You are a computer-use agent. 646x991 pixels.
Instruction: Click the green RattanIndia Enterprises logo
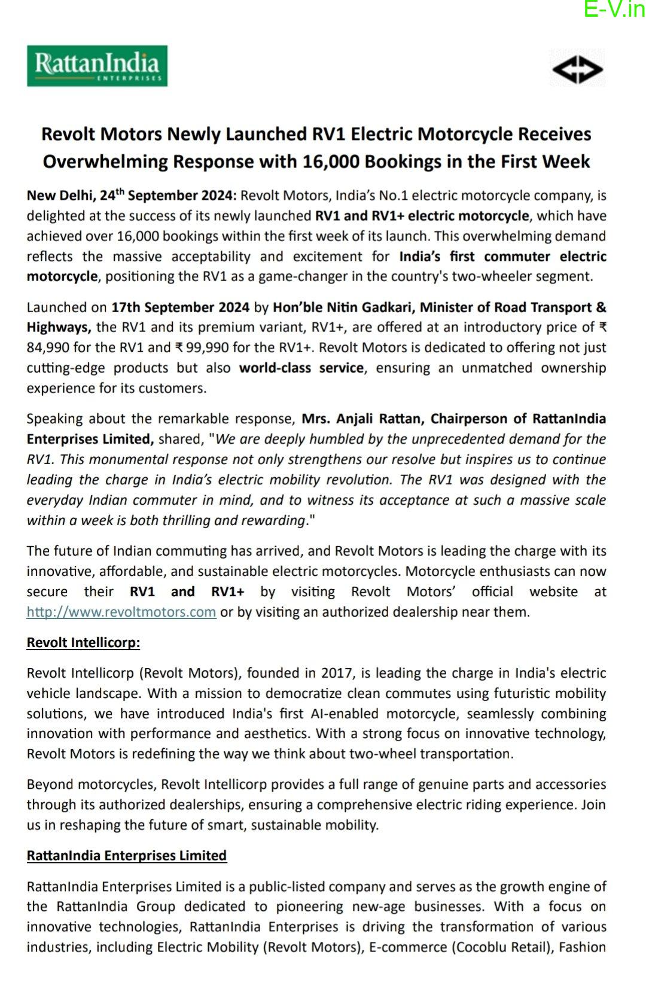[97, 66]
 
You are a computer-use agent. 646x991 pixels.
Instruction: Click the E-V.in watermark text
[614, 10]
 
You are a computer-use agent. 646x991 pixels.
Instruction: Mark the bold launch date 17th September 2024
[180, 307]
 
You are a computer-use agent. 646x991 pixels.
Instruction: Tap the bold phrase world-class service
[301, 368]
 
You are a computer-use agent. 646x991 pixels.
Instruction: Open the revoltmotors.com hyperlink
[121, 612]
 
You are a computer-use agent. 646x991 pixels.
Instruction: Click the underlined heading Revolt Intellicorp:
[83, 643]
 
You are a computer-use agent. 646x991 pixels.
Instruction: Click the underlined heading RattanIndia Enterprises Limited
[126, 856]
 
